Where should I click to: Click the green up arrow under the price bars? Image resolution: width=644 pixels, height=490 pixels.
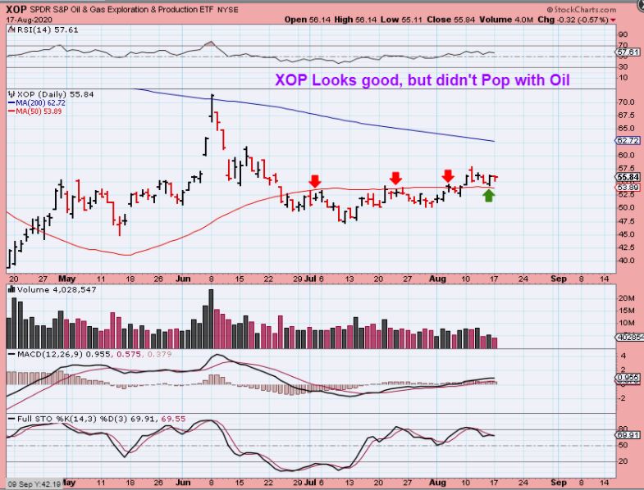[x=489, y=195]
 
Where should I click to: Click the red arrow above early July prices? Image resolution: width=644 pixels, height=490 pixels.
[x=315, y=180]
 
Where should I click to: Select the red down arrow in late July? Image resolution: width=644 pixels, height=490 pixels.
[x=395, y=177]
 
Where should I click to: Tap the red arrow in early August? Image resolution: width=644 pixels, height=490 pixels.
[x=448, y=175]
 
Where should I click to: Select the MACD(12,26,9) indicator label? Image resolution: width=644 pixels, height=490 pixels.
[x=46, y=354]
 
